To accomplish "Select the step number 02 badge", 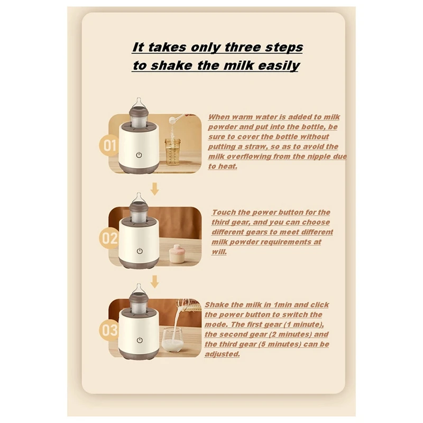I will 110,238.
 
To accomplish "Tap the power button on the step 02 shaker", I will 140,251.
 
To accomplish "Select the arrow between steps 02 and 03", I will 154,281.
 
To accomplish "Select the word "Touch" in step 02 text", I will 224,213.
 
